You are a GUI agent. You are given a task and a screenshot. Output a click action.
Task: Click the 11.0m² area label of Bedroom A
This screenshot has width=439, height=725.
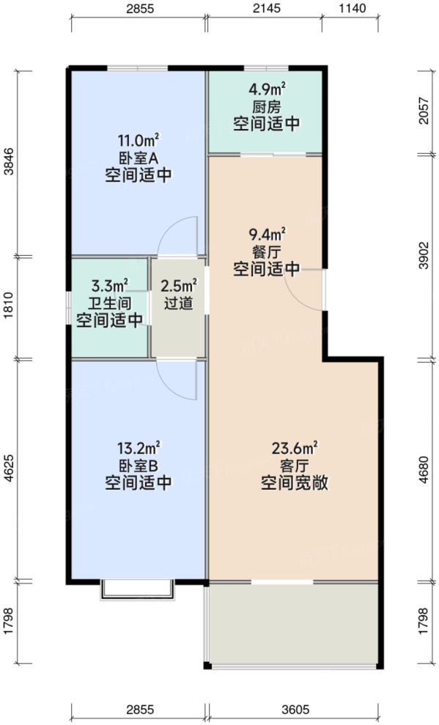pyautogui.click(x=139, y=141)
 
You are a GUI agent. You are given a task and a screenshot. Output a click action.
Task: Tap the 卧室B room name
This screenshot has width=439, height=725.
pyautogui.click(x=139, y=465)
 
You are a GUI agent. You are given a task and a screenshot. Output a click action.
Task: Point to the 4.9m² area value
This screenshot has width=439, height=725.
pyautogui.click(x=266, y=90)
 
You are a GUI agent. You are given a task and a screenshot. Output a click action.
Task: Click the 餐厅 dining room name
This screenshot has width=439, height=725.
pyautogui.click(x=266, y=252)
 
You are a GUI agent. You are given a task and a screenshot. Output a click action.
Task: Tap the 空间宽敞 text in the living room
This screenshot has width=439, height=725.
pyautogui.click(x=293, y=483)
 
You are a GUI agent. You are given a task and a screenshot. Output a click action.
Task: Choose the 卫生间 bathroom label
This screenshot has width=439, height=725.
pyautogui.click(x=110, y=303)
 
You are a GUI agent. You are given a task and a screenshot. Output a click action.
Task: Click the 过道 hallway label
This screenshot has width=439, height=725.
pyautogui.click(x=179, y=302)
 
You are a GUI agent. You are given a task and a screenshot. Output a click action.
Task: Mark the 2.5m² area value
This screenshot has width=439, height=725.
pyautogui.click(x=179, y=285)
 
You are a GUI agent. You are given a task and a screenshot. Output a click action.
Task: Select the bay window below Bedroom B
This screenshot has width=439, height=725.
pyautogui.click(x=137, y=590)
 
